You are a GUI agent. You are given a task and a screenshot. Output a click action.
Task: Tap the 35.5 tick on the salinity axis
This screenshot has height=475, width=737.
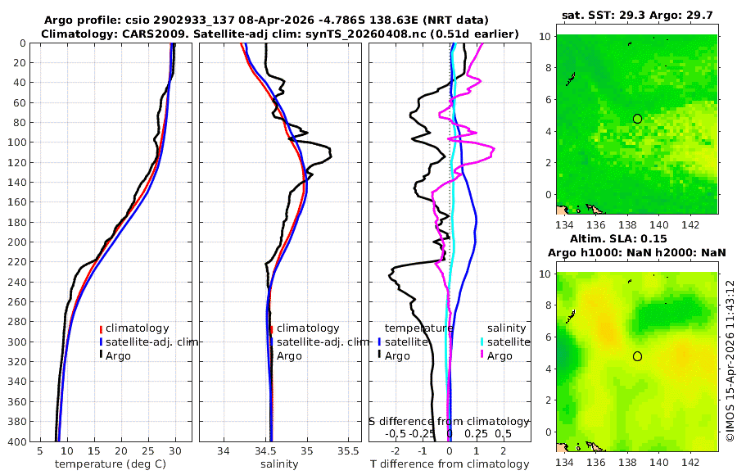pos(349,450)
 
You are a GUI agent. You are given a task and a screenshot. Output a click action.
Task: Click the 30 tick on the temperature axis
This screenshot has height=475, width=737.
pos(174,450)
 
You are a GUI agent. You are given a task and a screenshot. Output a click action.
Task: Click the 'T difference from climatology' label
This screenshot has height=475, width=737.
pos(450,464)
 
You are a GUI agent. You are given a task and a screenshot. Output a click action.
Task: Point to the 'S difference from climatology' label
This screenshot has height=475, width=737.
pos(450,421)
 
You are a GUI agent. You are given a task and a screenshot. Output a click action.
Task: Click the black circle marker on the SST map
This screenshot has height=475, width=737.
pos(637,119)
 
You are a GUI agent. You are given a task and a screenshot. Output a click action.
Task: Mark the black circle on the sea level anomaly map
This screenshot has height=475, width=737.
pos(637,356)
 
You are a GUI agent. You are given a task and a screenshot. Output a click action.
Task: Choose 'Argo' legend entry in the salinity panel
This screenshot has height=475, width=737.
pos(289,356)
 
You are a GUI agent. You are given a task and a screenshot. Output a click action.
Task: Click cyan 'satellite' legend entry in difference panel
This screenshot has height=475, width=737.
pos(502,342)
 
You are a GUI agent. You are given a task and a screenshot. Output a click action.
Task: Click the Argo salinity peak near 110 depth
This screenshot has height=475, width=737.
pos(330,153)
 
